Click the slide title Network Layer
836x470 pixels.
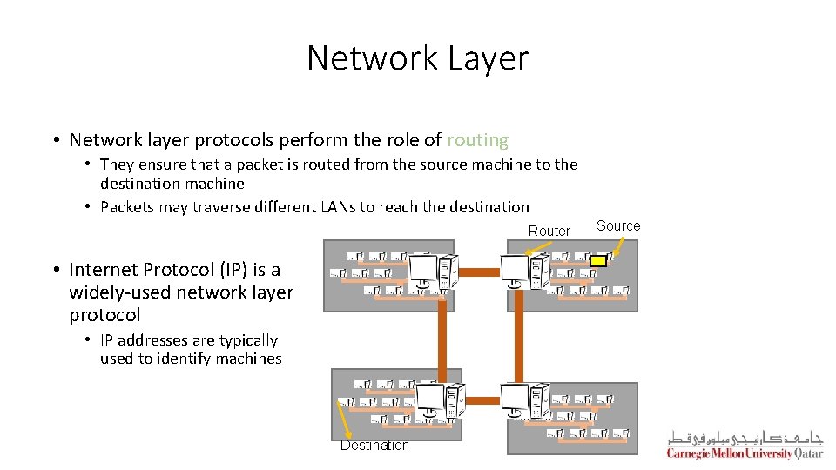tap(417, 58)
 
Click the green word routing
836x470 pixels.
tap(477, 140)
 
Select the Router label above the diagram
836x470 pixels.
tap(549, 231)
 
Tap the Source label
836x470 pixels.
tap(618, 225)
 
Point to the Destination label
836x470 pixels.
tap(374, 446)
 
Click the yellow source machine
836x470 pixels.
tap(598, 259)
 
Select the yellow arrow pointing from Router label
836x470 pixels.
tap(542, 247)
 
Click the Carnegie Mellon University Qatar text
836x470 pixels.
tap(745, 453)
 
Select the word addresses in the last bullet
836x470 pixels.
tap(146, 340)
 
